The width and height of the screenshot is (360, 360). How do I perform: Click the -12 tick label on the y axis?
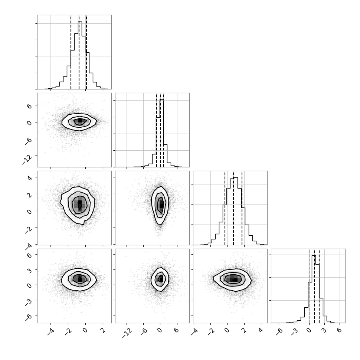pos(27,159)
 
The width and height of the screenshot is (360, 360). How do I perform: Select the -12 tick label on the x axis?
pos(127,333)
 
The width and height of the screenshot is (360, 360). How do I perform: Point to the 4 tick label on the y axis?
pos(30,177)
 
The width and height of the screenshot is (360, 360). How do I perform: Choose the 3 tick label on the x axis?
pos(324,331)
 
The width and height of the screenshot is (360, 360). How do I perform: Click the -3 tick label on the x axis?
pos(295,332)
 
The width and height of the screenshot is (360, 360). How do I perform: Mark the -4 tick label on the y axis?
pos(29,246)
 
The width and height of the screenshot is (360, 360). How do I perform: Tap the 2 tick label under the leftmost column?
pos(103,331)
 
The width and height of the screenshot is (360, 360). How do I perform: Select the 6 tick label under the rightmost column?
pos(339,331)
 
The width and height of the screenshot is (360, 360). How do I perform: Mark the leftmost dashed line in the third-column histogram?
pos(225,208)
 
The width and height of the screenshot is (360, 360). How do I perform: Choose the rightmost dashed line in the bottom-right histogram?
pos(319,286)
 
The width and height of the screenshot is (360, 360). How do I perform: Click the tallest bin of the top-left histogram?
pos(80,55)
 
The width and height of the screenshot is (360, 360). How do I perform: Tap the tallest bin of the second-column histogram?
pos(162,133)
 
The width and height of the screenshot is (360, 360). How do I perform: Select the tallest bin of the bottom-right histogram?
pos(314,289)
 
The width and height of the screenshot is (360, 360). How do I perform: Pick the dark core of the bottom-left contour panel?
pos(80,279)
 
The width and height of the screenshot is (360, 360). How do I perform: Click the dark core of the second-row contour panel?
pos(80,121)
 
